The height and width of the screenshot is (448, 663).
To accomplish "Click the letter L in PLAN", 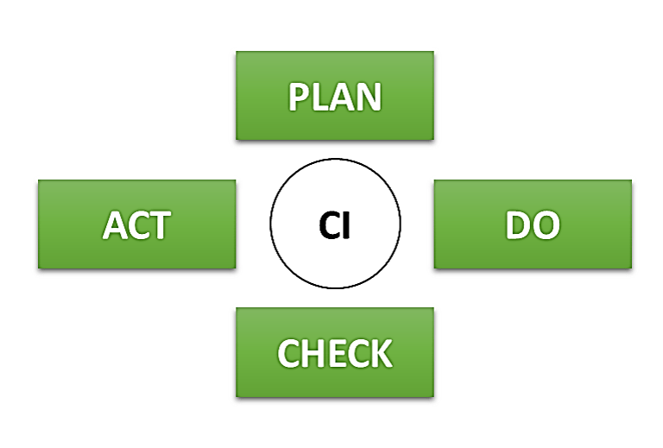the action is coord(319,98).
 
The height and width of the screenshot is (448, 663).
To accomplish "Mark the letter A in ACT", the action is coord(116,225).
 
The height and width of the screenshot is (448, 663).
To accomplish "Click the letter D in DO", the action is coord(518,225).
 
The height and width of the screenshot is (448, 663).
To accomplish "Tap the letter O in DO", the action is coord(545,225).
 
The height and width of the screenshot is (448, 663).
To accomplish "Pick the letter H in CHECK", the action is coord(313,353).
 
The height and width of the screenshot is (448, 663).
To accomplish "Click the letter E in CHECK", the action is coord(335,353).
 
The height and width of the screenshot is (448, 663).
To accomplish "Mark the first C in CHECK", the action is coord(289,353).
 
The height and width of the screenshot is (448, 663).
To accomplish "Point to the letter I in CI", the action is coord(348,225).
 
